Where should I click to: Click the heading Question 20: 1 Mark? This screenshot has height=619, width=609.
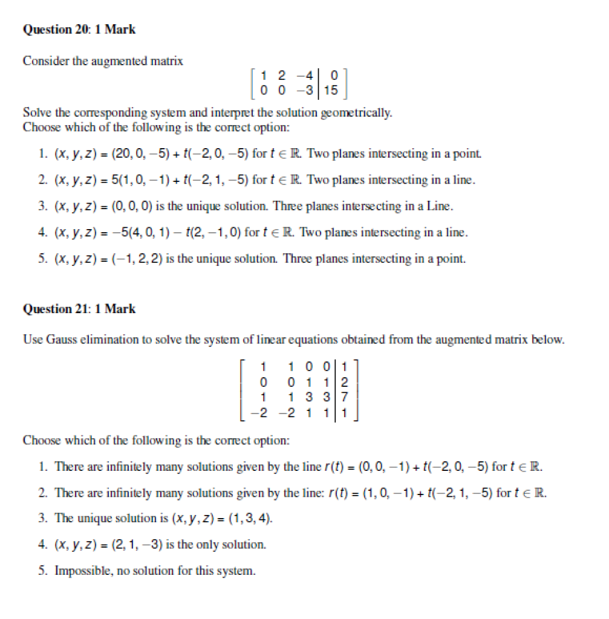(x=79, y=30)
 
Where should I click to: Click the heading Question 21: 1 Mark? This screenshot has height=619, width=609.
(x=79, y=309)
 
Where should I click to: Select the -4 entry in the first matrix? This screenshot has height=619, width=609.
(x=305, y=76)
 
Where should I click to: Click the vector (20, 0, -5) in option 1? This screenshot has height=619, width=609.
(x=136, y=154)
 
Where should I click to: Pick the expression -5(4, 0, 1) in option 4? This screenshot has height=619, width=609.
(x=137, y=233)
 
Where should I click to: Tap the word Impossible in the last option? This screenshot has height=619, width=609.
(x=79, y=571)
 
